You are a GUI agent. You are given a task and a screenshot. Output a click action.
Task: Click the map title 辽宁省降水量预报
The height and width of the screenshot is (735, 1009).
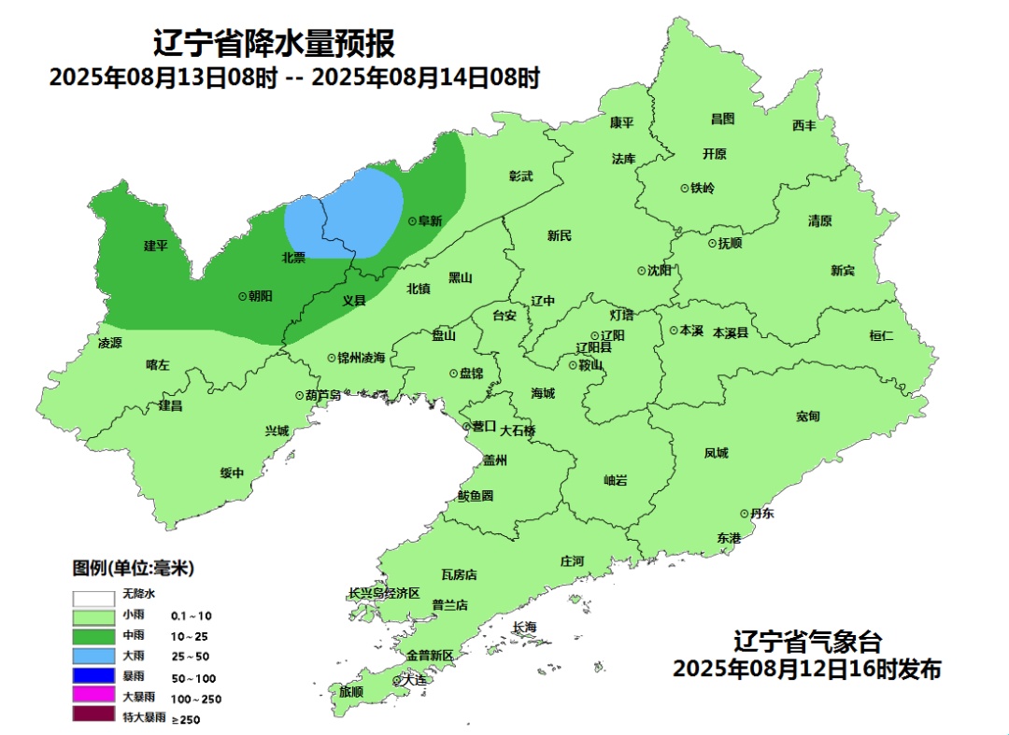(274, 43)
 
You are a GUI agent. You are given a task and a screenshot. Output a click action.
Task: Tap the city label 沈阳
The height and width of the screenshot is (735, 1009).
(660, 271)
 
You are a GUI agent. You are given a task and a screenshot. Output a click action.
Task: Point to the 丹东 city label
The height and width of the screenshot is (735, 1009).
(762, 514)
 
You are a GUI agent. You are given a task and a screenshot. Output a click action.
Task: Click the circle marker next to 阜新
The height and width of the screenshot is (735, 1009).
(413, 221)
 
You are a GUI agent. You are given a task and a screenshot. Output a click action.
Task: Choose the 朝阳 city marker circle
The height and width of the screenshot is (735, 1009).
(243, 295)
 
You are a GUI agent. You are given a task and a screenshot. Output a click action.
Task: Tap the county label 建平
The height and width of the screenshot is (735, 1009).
(155, 246)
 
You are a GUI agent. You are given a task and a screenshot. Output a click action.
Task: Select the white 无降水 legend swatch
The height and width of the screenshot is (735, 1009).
(93, 595)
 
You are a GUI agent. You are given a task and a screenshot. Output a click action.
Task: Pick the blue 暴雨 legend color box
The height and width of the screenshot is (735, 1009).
(93, 676)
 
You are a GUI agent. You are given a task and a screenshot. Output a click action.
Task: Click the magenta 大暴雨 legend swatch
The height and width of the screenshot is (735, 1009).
(93, 697)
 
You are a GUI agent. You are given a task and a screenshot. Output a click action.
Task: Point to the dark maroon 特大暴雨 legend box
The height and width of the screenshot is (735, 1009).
(93, 717)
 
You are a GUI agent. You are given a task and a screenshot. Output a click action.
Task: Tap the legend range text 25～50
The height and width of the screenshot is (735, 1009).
(190, 657)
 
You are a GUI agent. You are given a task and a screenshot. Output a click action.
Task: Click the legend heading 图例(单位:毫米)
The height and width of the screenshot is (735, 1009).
(133, 568)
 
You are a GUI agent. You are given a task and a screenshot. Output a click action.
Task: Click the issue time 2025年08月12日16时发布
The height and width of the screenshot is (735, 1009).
(807, 670)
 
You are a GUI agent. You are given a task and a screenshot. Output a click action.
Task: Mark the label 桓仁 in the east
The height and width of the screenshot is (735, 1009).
(881, 335)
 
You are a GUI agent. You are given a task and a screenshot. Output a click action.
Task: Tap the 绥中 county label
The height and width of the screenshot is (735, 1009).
(232, 473)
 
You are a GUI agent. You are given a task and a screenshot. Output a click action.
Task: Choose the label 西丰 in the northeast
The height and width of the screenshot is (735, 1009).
(803, 125)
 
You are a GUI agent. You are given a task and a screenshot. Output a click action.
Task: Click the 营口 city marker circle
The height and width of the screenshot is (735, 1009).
(467, 427)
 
